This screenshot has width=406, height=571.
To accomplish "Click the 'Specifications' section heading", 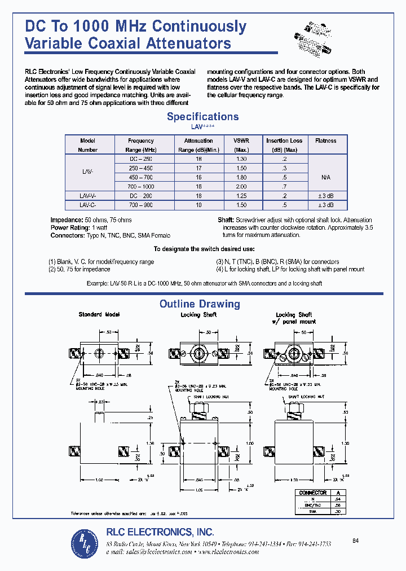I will point(202,117).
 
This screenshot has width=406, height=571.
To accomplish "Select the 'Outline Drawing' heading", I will point(200,304).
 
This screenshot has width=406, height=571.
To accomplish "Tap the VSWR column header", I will point(241,145).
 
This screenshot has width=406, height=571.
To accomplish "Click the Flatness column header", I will point(325,140).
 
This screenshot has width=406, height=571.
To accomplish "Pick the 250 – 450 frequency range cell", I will point(140,168).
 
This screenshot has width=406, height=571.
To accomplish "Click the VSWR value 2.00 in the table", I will point(241,186).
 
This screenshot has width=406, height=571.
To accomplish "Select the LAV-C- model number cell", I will point(89,204).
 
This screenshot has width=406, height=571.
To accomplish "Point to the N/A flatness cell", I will point(325,177).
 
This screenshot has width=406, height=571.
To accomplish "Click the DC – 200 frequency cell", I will point(140,195).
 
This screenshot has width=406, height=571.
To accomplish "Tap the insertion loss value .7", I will point(284,186).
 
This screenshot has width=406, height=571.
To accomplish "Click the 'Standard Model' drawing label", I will point(99,314).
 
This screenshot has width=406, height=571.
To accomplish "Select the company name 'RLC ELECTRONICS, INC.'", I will point(160,532).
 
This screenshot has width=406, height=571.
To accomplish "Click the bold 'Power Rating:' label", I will point(68,227).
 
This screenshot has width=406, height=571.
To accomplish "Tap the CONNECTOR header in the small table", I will point(313,493).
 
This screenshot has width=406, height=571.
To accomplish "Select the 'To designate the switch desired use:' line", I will point(204,249).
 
